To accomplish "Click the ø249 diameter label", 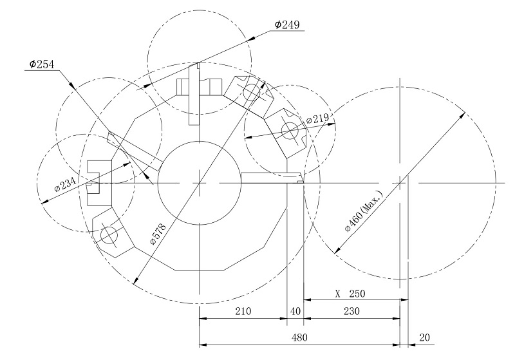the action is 287,24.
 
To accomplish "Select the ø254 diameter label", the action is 42,64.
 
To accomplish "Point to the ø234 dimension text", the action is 66,184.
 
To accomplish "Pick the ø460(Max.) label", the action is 364,211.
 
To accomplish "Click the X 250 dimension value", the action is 350,293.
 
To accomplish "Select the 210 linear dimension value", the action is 243,311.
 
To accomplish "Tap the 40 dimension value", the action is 295,311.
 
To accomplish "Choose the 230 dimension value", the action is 351,311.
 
